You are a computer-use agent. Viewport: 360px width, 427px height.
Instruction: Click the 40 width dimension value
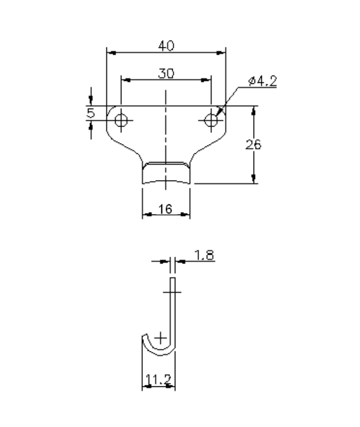pyautogui.click(x=166, y=46)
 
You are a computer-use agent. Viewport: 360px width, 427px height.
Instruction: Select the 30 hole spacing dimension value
pyautogui.click(x=166, y=74)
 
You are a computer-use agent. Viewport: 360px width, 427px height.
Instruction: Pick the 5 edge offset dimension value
pyautogui.click(x=91, y=113)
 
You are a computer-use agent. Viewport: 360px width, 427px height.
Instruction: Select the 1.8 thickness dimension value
pyautogui.click(x=205, y=255)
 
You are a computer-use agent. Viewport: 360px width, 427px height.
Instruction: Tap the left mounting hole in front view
pyautogui.click(x=121, y=120)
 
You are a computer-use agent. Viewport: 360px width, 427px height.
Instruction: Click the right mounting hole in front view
pyautogui.click(x=210, y=120)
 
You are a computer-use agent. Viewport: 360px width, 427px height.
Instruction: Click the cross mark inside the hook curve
pyautogui.click(x=161, y=337)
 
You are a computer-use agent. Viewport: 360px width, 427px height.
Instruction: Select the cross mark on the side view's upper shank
pyautogui.click(x=173, y=292)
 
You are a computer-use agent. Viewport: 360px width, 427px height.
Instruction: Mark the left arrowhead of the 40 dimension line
pyautogui.click(x=109, y=52)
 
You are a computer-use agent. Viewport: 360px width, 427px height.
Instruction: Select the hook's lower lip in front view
pyautogui.click(x=166, y=177)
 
